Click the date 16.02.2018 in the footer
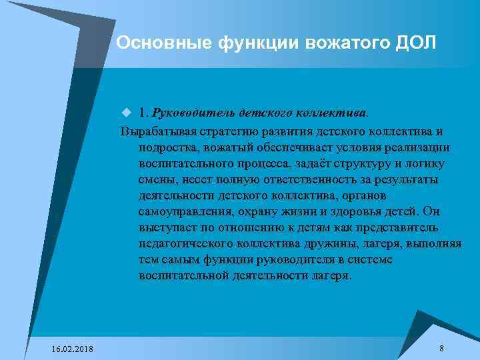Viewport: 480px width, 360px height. click(x=72, y=349)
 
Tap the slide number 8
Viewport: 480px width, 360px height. click(x=441, y=349)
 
